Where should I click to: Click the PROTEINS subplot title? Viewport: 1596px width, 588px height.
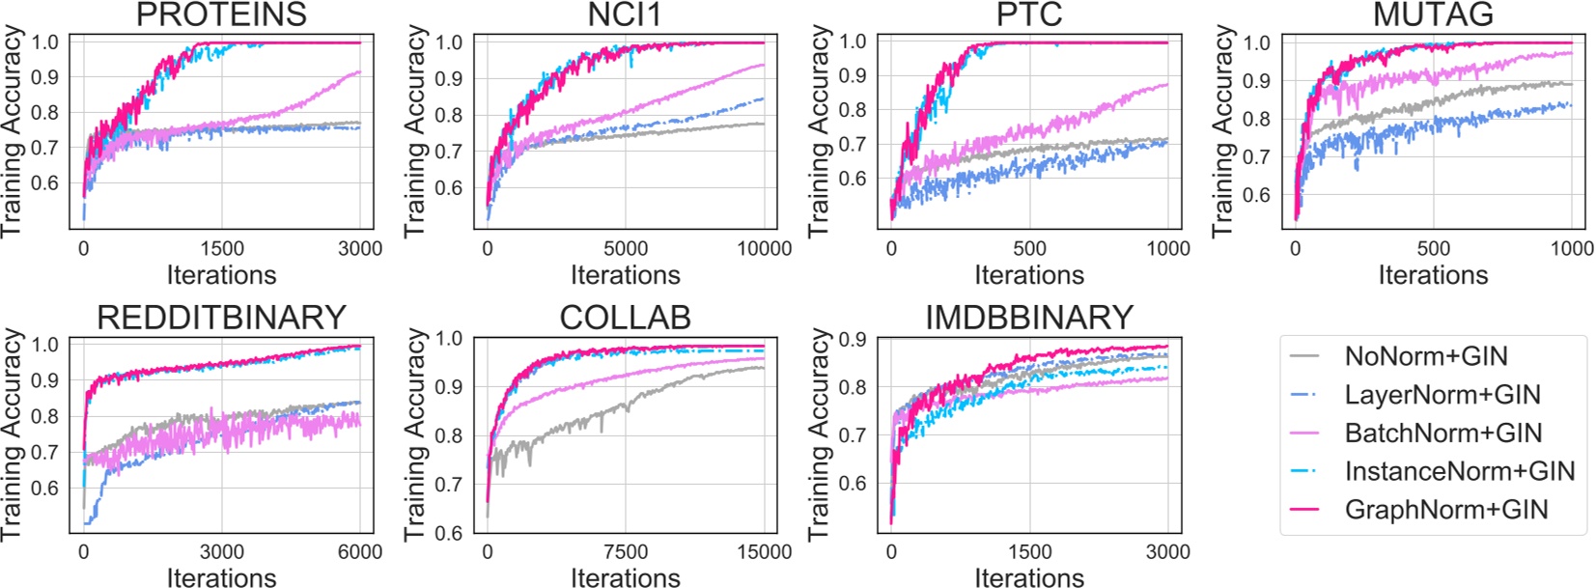(x=221, y=14)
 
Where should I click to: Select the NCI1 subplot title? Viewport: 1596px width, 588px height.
(x=625, y=14)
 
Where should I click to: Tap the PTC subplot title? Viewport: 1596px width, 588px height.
(x=1028, y=14)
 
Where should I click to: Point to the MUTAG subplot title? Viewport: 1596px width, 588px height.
(x=1433, y=14)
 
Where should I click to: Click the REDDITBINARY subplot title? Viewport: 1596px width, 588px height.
(x=221, y=317)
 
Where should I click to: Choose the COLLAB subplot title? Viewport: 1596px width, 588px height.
(x=625, y=317)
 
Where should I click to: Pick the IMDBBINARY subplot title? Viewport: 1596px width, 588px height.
(x=1028, y=317)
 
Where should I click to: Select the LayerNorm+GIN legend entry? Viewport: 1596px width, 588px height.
(x=1442, y=395)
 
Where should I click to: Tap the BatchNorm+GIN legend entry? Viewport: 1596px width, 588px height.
(x=1442, y=434)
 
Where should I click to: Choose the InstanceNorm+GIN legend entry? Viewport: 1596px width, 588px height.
(x=1459, y=471)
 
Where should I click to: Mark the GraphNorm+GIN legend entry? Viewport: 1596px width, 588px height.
(x=1445, y=510)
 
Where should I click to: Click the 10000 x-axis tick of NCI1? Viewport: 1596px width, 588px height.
(x=764, y=249)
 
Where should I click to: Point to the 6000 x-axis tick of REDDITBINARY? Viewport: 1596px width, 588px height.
(x=360, y=552)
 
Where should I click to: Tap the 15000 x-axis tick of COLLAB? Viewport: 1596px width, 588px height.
(x=764, y=552)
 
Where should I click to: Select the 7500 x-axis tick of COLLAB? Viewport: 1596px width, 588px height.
(x=626, y=552)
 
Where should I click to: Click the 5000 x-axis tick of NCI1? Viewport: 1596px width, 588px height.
(x=626, y=249)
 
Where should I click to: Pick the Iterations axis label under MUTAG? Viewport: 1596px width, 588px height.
(x=1433, y=275)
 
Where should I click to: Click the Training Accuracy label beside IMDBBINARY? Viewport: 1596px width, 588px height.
(x=819, y=434)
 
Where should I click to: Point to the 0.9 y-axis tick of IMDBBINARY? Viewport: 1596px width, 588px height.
(x=853, y=339)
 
